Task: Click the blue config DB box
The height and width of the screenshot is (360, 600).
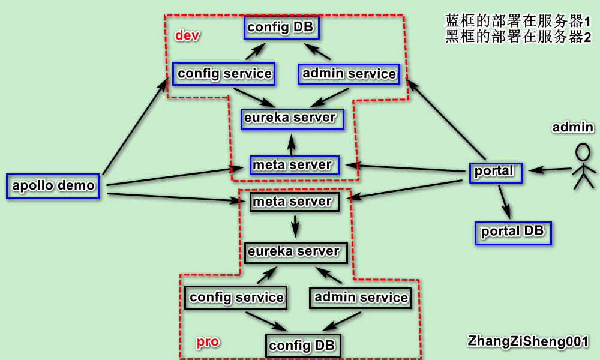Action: coord(281,27)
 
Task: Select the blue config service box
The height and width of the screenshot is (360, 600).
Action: coord(224,73)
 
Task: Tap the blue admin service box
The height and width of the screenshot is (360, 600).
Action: coord(349,74)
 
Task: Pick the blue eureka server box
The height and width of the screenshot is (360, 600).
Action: coord(292,119)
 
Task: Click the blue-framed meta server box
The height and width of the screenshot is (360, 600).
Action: coord(295,165)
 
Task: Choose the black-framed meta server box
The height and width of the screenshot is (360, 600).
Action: coord(295,202)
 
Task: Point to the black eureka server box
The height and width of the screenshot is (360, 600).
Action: coord(296,253)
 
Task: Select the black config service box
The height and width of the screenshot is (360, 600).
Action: coord(236,297)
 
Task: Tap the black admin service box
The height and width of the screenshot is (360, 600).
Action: coord(361,298)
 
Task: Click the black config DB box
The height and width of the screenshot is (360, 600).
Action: coord(303,346)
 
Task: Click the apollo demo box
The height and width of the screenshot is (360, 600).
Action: coord(53,186)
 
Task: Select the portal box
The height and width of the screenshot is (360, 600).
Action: coord(496,173)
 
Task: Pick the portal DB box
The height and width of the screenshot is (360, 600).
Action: coord(513,233)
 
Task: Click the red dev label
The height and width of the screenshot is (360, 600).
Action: coord(187,35)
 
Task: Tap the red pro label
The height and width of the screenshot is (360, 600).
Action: coord(208,341)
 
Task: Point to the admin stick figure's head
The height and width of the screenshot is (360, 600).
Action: coord(583,152)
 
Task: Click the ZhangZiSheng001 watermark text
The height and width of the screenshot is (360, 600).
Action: coord(527,341)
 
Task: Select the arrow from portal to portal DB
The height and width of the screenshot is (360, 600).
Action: coord(505,202)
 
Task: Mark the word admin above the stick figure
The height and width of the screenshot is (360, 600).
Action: coord(573,127)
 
